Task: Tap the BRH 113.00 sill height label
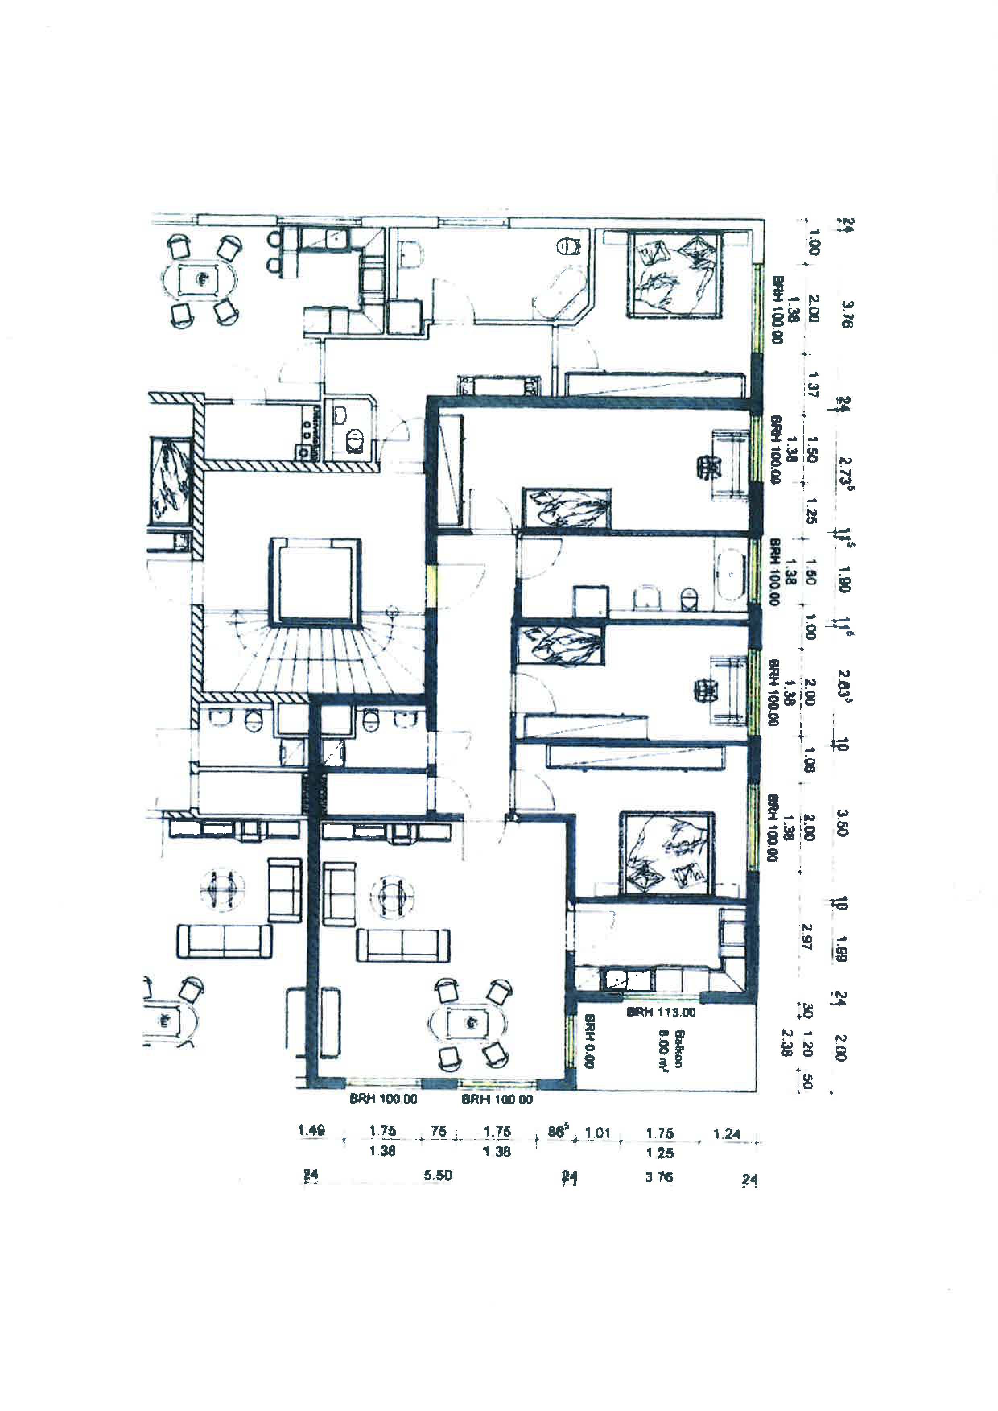[x=661, y=1012]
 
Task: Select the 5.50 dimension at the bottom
[x=437, y=1176]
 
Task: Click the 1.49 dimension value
[x=311, y=1130]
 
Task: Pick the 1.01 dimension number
[x=597, y=1132]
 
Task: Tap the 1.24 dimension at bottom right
[x=727, y=1133]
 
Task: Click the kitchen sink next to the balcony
[x=615, y=980]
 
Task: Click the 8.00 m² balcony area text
[x=664, y=1050]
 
